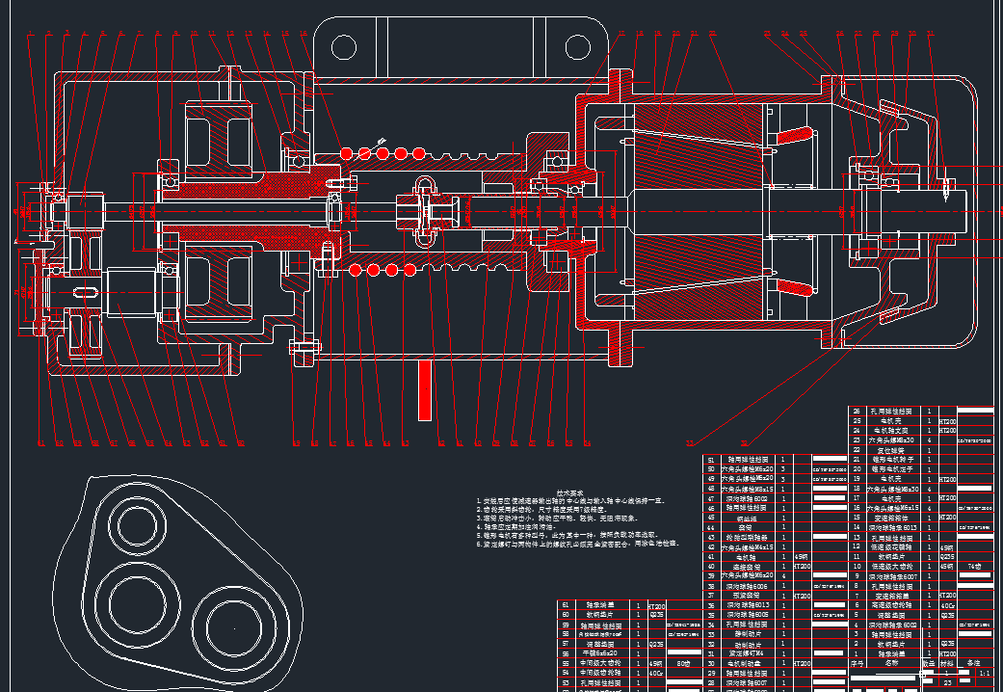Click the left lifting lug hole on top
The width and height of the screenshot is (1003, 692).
click(x=345, y=46)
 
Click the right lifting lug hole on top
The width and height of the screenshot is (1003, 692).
click(x=578, y=46)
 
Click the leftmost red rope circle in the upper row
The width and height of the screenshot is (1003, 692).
click(x=347, y=153)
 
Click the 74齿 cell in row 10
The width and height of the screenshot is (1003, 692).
click(x=975, y=566)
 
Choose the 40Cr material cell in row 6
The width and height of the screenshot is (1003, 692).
click(x=948, y=605)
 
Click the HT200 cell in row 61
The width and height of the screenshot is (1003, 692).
click(x=657, y=605)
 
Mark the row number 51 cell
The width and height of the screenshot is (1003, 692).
click(x=712, y=461)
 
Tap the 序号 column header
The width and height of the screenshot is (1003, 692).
click(x=858, y=663)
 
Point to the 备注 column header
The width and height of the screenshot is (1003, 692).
click(x=974, y=663)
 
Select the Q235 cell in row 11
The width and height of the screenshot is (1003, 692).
click(x=948, y=557)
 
